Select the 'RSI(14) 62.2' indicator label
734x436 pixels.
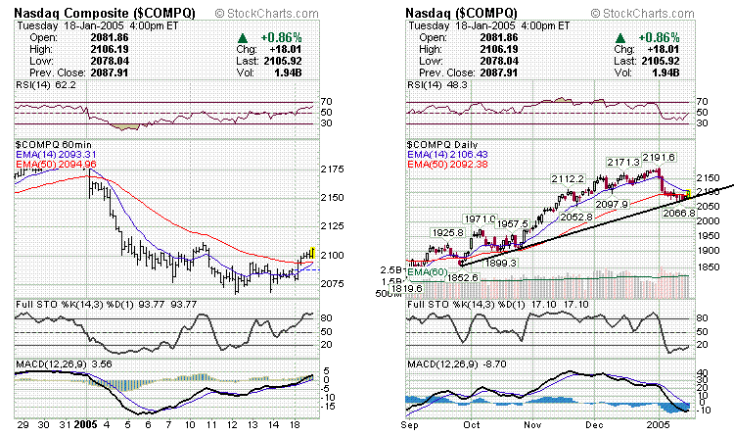tap(42, 86)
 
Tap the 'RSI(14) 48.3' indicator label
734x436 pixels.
tap(434, 86)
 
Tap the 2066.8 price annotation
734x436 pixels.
tap(678, 213)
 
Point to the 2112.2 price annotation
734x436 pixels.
tap(568, 179)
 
